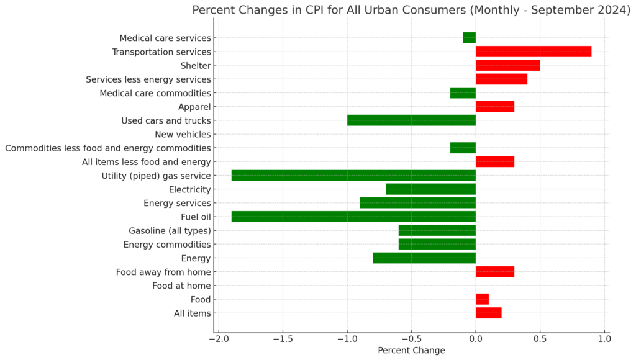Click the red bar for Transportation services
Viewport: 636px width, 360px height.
534,52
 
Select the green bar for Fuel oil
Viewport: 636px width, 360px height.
353,217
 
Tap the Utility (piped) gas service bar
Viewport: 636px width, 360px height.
353,176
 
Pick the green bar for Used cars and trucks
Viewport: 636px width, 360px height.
411,120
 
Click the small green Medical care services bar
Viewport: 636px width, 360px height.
469,38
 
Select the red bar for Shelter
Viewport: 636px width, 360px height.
507,65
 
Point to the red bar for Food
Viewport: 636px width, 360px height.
482,299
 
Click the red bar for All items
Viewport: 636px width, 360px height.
488,313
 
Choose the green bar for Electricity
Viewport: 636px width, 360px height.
430,189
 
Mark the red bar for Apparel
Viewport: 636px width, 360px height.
495,107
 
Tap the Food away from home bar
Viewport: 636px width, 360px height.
495,272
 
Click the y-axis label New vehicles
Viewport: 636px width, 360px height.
183,134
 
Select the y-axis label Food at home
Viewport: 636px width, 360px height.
181,286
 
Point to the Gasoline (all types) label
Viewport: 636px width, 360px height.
170,231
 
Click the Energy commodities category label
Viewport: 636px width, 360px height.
167,245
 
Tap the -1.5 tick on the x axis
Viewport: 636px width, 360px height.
283,339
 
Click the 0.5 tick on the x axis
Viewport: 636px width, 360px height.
540,339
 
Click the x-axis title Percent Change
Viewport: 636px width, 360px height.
411,351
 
